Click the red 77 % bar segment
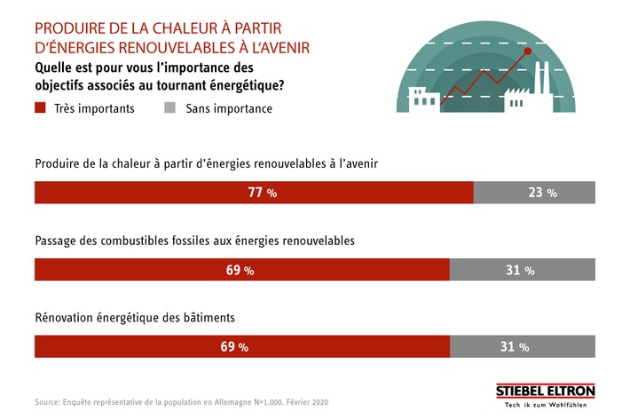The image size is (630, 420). tap(253, 193)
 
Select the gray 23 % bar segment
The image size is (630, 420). tap(534, 193)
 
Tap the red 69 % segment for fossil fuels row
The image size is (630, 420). tap(241, 270)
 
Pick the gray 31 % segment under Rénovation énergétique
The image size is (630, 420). tap(523, 346)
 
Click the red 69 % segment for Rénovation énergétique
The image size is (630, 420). tap(241, 346)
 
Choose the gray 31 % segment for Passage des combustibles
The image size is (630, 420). tap(523, 270)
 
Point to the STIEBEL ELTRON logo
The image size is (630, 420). tap(545, 392)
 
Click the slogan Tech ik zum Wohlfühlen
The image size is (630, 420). tap(545, 406)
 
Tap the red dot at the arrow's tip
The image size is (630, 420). tap(528, 52)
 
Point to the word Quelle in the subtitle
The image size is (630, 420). tap(55, 67)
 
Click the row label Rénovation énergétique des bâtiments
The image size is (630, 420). tap(135, 317)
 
